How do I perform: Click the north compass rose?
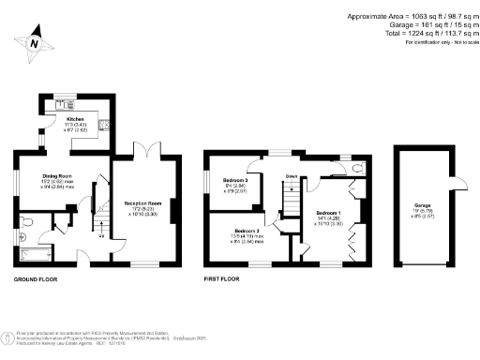click(34, 41)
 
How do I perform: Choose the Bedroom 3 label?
click(233, 180)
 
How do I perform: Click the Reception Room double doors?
click(143, 151)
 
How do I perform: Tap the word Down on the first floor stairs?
click(292, 175)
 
